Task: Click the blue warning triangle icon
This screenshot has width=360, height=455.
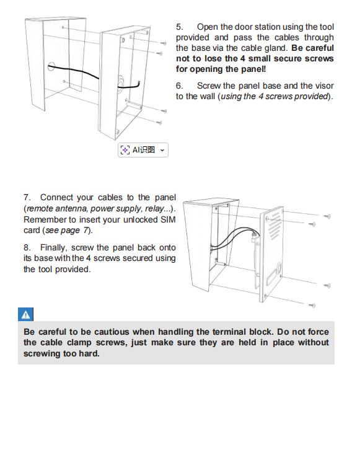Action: tap(25, 314)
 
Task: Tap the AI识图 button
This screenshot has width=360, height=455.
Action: tap(143, 150)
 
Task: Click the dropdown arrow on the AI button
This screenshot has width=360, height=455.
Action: tap(162, 150)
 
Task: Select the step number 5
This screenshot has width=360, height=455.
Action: tap(179, 27)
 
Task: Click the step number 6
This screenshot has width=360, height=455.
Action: tap(179, 86)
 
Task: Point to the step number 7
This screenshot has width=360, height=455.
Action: tap(27, 197)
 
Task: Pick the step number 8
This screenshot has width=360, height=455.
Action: tap(27, 247)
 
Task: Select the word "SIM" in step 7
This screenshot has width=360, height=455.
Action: tap(168, 219)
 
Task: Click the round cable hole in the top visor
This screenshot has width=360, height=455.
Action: tap(51, 67)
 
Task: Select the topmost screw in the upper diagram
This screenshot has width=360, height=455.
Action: tap(164, 43)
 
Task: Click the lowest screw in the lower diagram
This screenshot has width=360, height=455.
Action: tap(312, 305)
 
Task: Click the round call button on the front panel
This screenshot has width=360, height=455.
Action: tap(279, 268)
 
